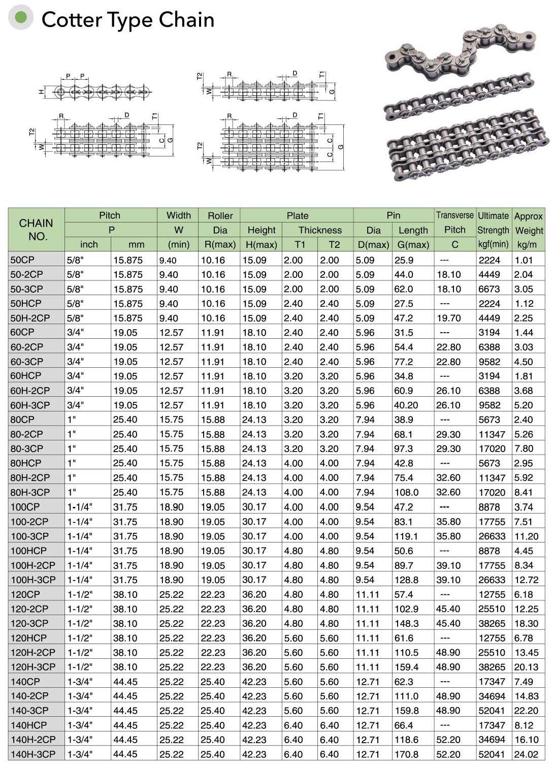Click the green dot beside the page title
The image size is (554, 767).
tap(21, 18)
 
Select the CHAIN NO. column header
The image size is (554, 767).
tap(36, 230)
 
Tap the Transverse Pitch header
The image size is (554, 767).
tap(454, 222)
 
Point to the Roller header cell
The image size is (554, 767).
tap(220, 216)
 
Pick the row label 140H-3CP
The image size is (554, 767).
tap(33, 754)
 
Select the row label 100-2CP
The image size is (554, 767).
tap(29, 522)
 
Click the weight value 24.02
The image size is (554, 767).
tap(526, 754)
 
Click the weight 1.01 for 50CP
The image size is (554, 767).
tap(524, 260)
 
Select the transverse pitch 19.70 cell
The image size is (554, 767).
tap(448, 318)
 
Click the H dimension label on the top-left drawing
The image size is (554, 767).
tap(41, 92)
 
